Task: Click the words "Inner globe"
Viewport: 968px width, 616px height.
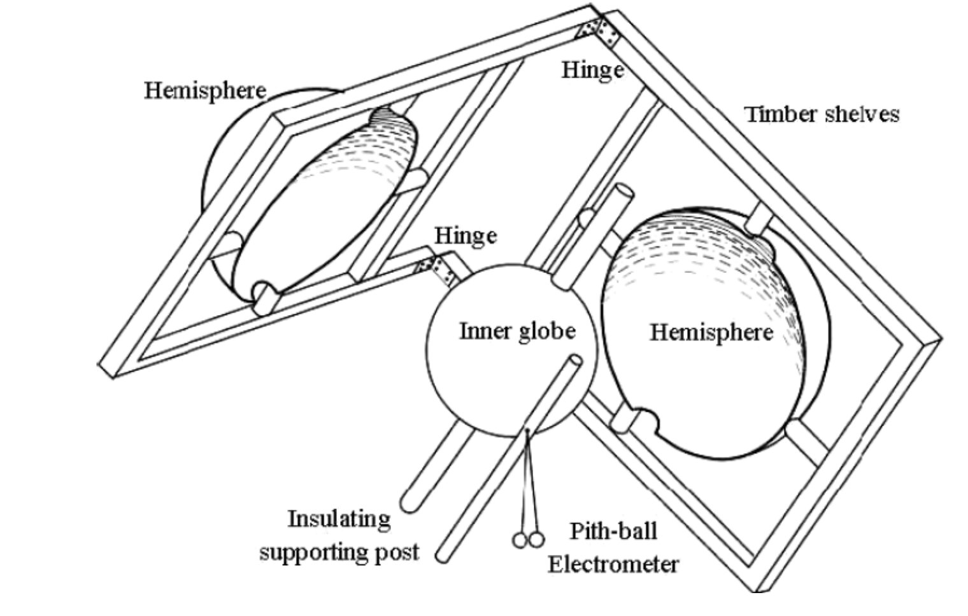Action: [x=517, y=332]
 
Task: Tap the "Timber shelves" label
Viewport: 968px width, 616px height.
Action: [x=822, y=115]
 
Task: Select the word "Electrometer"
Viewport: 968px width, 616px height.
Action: [x=613, y=564]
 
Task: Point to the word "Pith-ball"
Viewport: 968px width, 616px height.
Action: [x=614, y=531]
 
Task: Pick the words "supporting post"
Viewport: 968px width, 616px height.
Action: [x=339, y=552]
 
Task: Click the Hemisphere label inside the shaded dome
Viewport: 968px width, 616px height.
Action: [x=711, y=333]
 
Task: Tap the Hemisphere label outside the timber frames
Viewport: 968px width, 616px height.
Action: [x=205, y=91]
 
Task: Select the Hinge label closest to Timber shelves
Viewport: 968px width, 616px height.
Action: [x=592, y=70]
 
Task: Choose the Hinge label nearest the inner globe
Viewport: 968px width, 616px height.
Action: [x=466, y=236]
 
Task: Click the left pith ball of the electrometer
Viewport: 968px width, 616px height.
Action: [x=520, y=540]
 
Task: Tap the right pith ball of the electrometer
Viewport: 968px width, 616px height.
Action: [x=536, y=539]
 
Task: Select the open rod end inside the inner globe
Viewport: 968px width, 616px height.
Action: [x=575, y=360]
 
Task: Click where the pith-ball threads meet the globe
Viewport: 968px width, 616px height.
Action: [x=527, y=430]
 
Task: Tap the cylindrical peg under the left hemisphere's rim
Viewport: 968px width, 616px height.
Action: [x=264, y=298]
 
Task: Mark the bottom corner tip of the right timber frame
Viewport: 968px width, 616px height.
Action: [x=757, y=591]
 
